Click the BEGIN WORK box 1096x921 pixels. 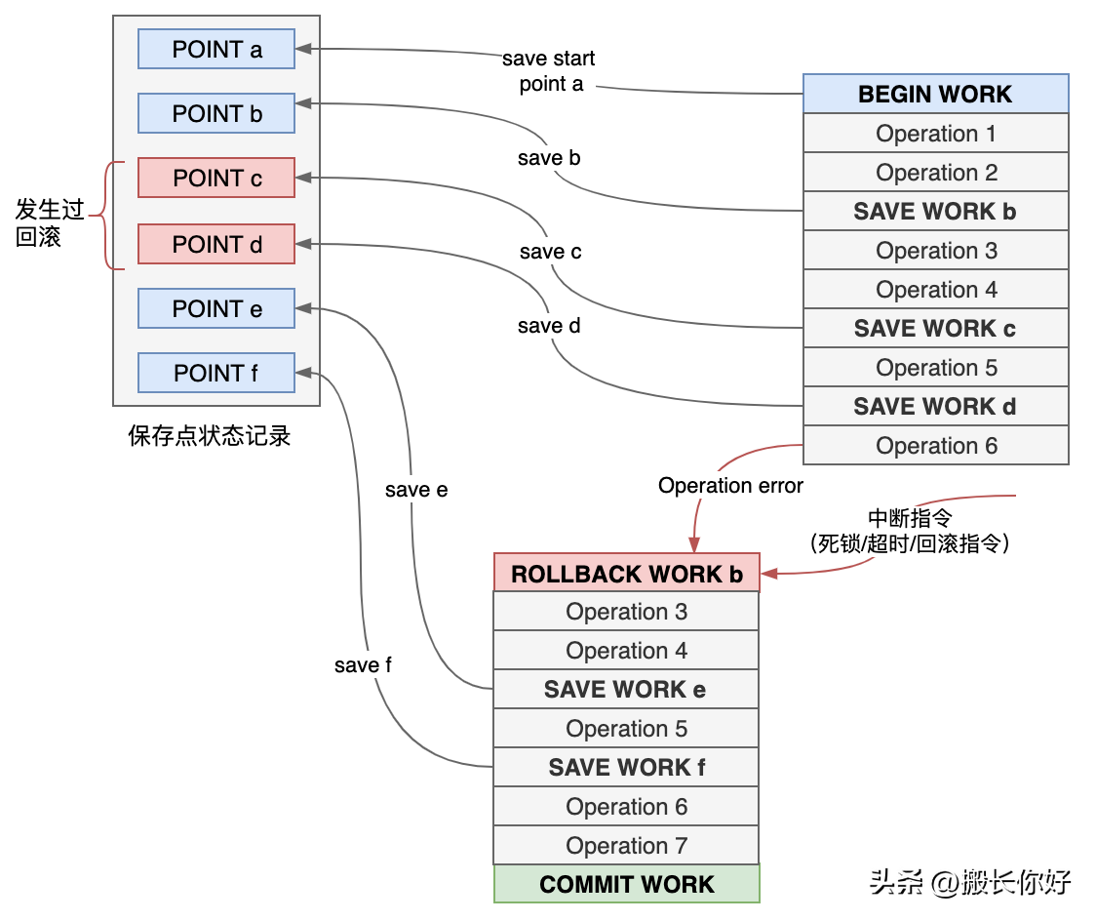tap(935, 94)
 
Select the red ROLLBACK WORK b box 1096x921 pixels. tap(626, 574)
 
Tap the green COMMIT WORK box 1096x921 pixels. tap(626, 884)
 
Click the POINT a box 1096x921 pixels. tap(216, 49)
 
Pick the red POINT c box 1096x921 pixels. tap(216, 179)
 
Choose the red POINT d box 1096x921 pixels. tap(216, 244)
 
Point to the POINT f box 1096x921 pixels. tap(216, 373)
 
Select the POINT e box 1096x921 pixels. tap(216, 308)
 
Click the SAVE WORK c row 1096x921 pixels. tap(935, 329)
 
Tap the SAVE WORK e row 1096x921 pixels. tap(625, 690)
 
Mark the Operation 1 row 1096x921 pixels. tap(935, 134)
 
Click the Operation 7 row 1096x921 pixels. tap(625, 846)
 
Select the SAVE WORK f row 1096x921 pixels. tap(625, 768)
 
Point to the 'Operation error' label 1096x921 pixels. tap(730, 486)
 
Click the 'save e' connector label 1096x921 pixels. tap(416, 490)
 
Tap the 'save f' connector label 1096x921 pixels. tap(363, 665)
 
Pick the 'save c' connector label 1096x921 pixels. tap(550, 252)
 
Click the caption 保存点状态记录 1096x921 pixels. tap(210, 435)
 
